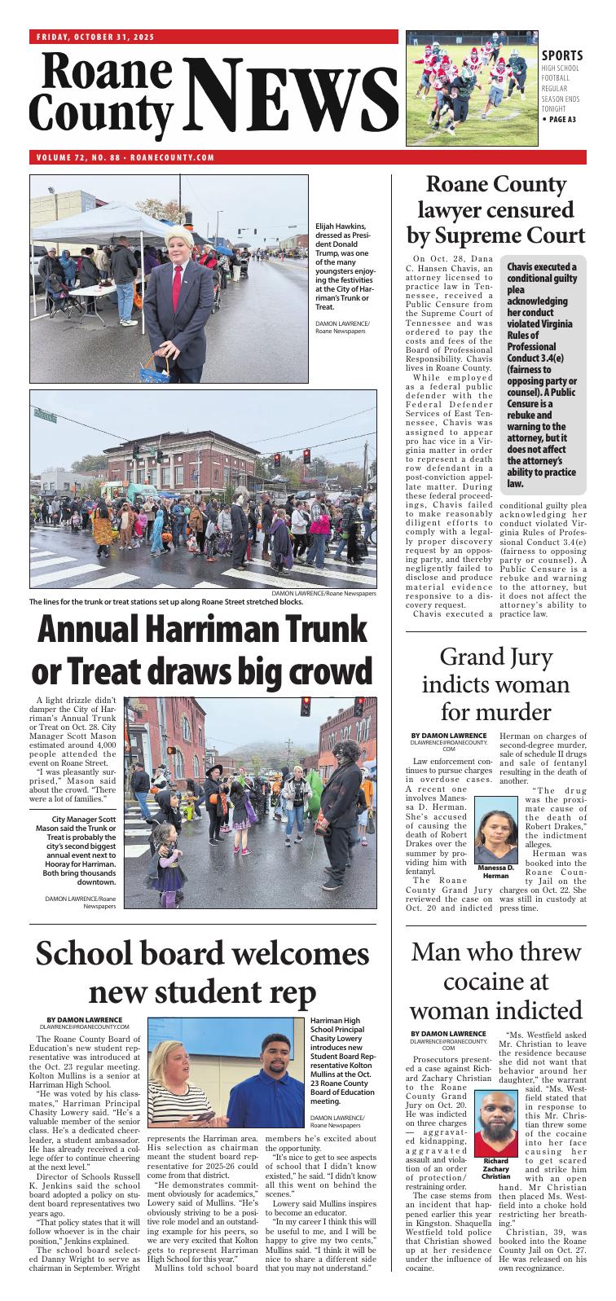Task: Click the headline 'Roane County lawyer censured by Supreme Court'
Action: (495, 210)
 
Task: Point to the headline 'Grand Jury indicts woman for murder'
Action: (496, 683)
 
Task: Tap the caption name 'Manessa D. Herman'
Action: (495, 871)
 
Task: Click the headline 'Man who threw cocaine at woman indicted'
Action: (496, 981)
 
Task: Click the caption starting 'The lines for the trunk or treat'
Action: (165, 602)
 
